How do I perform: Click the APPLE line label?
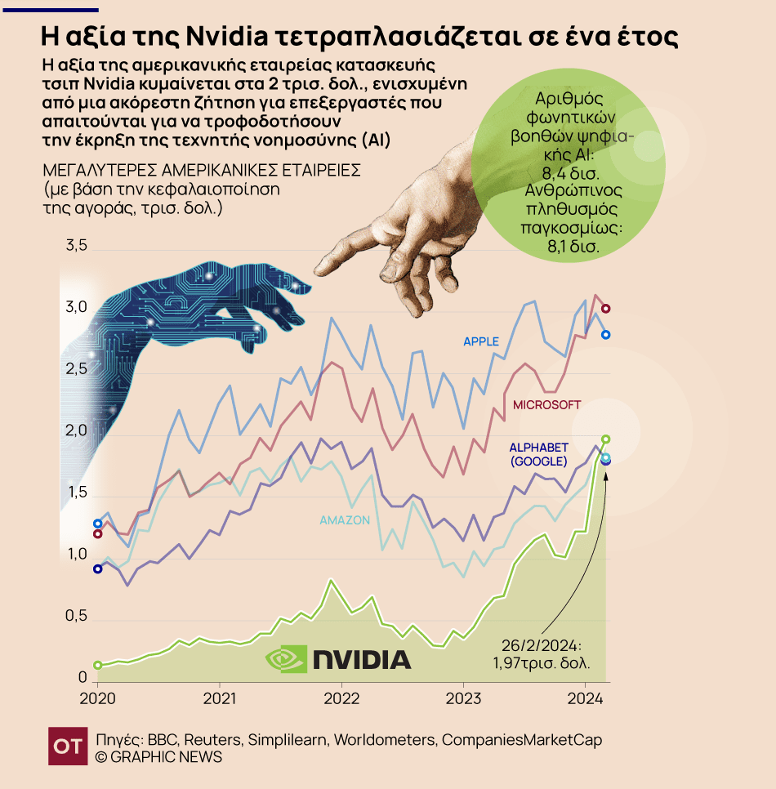point(481,341)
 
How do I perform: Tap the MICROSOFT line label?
point(546,404)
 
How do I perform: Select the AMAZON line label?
point(345,520)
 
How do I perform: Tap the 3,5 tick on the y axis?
point(76,246)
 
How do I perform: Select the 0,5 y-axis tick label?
point(76,616)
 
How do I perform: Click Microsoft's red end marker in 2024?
point(606,308)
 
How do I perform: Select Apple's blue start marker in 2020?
point(98,524)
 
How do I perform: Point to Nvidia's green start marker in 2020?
point(98,665)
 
